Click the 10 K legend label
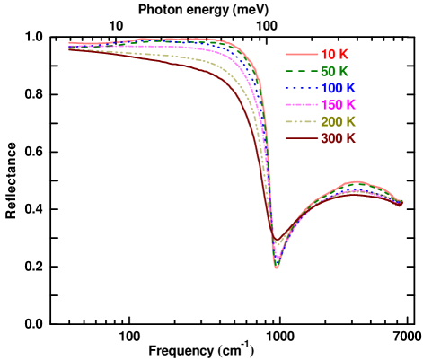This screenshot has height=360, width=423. pos(334,54)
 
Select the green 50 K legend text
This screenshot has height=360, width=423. pos(334,71)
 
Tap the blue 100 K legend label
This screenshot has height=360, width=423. pos(338,88)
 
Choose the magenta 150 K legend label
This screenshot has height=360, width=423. pos(338,104)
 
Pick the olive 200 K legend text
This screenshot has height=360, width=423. pos(338,121)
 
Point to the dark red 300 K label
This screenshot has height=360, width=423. pos(338,138)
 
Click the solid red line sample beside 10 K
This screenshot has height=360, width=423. pos(302,54)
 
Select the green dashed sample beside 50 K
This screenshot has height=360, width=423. pos(302,71)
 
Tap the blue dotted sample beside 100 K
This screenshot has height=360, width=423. pos(302,88)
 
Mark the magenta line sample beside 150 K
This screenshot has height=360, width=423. pos(302,104)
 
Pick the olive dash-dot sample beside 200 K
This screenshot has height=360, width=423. pos(302,121)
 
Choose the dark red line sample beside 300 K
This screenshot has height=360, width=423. pos(302,138)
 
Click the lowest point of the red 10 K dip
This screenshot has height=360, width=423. pos(277,268)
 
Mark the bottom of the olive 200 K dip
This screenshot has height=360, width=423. pos(277,245)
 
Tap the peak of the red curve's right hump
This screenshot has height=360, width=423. pos(357,182)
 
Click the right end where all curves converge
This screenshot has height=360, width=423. pos(401,203)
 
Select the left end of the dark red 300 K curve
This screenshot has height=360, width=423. pos(70,49)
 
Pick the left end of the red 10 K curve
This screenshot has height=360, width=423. pos(70,42)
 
